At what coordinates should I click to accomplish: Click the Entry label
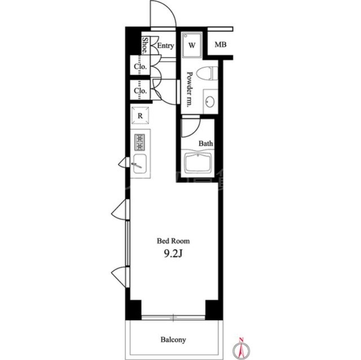pos(165,46)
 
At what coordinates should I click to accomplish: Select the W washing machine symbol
pos(192,45)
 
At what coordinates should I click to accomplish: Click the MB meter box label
pos(220,45)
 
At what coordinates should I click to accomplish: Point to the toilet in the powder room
pos(207,73)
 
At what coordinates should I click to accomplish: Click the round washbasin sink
pos(210,102)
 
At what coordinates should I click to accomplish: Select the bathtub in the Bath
pos(198,162)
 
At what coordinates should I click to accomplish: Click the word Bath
pos(206,143)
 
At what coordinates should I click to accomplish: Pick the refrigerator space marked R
pos(140,115)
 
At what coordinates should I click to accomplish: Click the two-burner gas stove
pos(140,143)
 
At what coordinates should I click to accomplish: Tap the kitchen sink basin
pos(140,164)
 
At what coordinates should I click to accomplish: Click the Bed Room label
pos(173,241)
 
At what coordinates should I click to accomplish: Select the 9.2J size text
pos(173,254)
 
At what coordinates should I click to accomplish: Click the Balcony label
pos(173,340)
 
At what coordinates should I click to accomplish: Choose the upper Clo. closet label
pos(140,67)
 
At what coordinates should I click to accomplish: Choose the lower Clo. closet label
pos(140,91)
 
